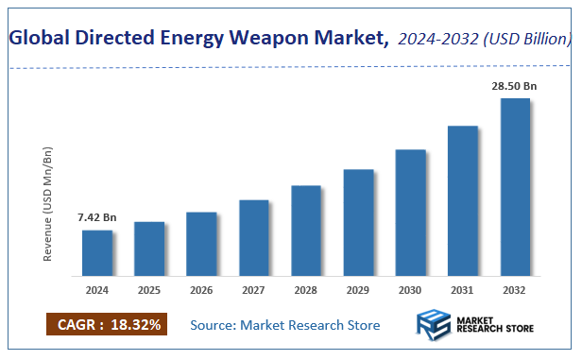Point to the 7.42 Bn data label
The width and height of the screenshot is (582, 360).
(96, 217)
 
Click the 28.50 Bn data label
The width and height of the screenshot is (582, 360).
(514, 86)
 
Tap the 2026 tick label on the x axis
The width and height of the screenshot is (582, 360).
(201, 290)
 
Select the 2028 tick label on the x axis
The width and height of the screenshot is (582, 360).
(306, 290)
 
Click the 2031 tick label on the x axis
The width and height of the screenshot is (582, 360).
(463, 290)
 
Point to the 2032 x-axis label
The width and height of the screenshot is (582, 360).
(515, 290)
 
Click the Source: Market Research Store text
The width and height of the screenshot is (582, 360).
(284, 325)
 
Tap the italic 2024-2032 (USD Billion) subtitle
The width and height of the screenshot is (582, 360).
(485, 39)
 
